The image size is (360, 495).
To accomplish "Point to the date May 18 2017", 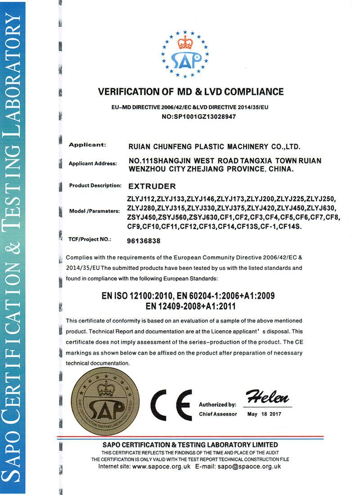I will pyautogui.click(x=264, y=414).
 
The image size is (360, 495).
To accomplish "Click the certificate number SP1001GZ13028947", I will pyautogui.click(x=198, y=116).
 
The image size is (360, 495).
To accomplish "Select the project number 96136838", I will pyautogui.click(x=144, y=240).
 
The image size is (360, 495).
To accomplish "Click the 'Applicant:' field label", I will pyautogui.click(x=87, y=145).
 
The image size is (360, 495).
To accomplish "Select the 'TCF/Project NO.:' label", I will pyautogui.click(x=90, y=240).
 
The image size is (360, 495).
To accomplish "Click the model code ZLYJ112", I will pyautogui.click(x=142, y=199).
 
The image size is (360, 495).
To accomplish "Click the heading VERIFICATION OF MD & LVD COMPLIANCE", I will pyautogui.click(x=191, y=92).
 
